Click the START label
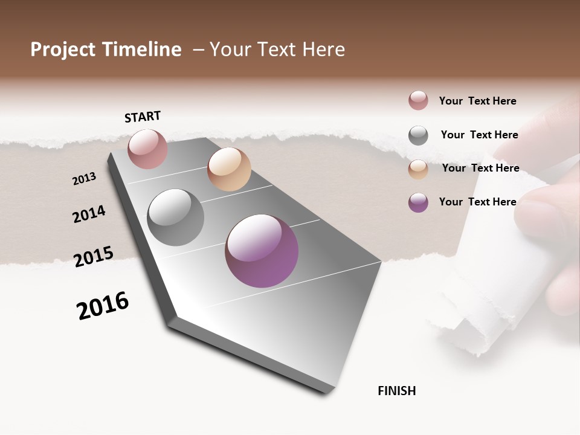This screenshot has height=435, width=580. point(143,117)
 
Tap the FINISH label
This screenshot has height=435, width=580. point(396,391)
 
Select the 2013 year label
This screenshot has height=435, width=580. point(85,179)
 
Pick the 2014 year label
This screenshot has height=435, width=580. point(89,214)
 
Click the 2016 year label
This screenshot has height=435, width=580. point(103,306)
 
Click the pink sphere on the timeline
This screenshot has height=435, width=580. point(147,149)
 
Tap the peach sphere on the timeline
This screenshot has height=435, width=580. point(229,169)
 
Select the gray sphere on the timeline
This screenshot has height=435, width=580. point(176,217)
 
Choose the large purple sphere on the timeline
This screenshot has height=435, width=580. point(262,251)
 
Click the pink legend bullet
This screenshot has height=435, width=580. point(418,100)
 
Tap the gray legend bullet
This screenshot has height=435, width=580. point(418,135)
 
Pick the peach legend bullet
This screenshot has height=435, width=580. point(418,169)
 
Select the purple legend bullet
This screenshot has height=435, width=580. point(418,202)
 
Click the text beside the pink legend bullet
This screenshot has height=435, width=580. point(477,101)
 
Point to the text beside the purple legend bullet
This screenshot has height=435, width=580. point(477,202)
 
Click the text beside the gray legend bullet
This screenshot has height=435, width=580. point(479,135)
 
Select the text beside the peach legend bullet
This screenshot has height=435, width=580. point(480,168)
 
